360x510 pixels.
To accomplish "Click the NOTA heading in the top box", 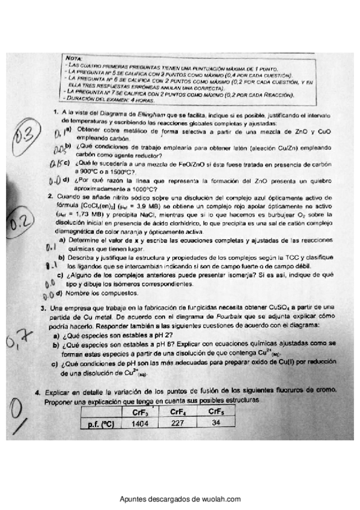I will point(72,58).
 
